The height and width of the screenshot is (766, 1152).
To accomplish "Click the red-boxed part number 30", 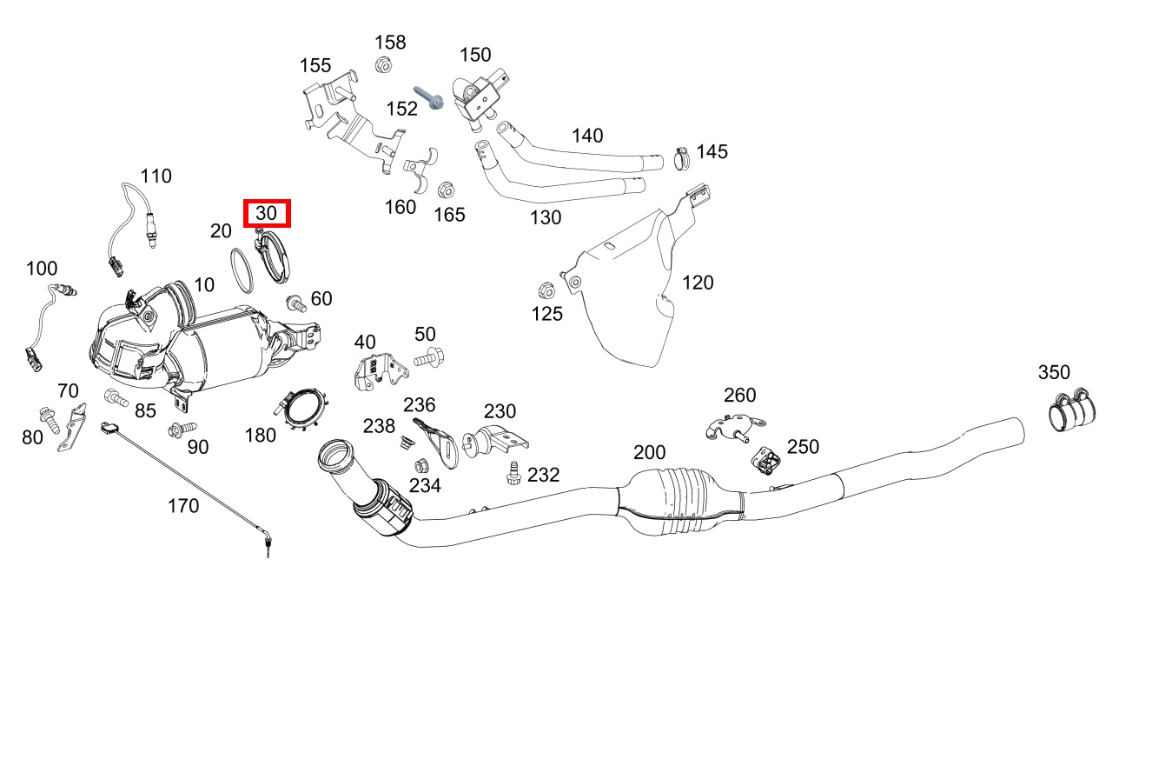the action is [267, 213].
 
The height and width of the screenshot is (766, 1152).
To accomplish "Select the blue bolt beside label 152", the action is [429, 97].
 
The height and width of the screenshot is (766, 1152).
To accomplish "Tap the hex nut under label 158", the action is [384, 65].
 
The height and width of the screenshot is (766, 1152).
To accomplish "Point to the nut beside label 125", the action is [546, 291].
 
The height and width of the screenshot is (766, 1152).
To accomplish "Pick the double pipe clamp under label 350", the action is [1072, 410].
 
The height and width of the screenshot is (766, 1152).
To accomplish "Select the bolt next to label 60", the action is [296, 303].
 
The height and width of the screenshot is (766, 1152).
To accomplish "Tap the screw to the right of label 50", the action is [429, 357].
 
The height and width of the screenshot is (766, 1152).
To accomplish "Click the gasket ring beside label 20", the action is [242, 270].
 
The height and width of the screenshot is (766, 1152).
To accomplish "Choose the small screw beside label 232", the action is [513, 474].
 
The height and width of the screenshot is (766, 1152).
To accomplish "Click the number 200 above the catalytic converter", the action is [650, 452].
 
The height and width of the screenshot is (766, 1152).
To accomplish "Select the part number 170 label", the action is [183, 506].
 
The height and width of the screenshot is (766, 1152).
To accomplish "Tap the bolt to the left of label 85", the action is [116, 398].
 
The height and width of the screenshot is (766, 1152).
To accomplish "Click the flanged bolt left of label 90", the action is [182, 430].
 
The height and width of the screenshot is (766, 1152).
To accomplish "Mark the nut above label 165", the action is [446, 190].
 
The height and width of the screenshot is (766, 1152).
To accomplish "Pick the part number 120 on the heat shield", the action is [698, 283].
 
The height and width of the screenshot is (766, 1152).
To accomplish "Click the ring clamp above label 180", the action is [301, 410].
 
